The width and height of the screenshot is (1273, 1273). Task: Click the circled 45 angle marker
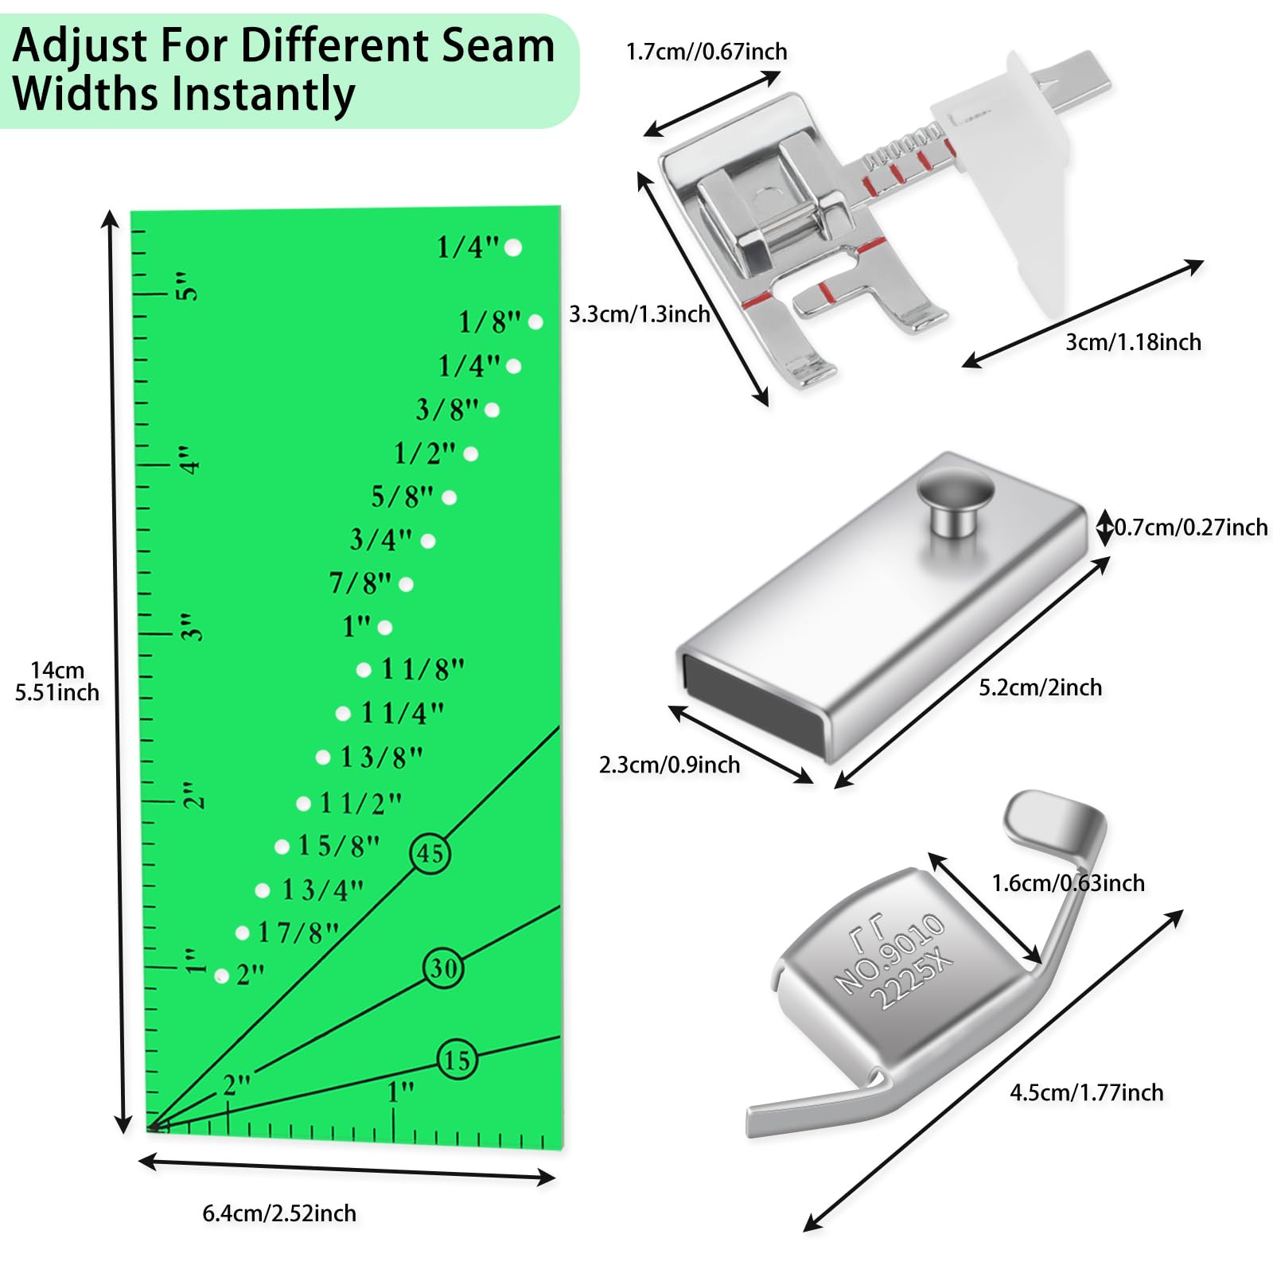click(430, 854)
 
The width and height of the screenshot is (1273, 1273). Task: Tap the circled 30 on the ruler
click(443, 968)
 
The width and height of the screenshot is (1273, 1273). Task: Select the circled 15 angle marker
click(457, 1060)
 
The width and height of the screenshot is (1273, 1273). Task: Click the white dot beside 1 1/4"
click(343, 714)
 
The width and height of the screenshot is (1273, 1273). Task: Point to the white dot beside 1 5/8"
click(282, 847)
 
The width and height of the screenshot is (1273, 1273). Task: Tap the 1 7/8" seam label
click(298, 932)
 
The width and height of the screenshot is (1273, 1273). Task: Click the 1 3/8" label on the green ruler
click(381, 757)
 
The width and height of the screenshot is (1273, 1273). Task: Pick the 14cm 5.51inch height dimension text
click(57, 681)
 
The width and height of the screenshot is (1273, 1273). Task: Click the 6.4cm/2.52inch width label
click(279, 1213)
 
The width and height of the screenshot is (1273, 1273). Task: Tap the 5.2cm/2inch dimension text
click(1040, 687)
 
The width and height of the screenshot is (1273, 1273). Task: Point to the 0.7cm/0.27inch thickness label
click(1190, 527)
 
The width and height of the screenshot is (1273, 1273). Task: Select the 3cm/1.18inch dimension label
click(1133, 342)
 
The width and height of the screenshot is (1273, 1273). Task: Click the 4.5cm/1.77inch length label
click(1086, 1092)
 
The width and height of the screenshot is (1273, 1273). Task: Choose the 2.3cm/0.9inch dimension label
click(669, 765)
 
